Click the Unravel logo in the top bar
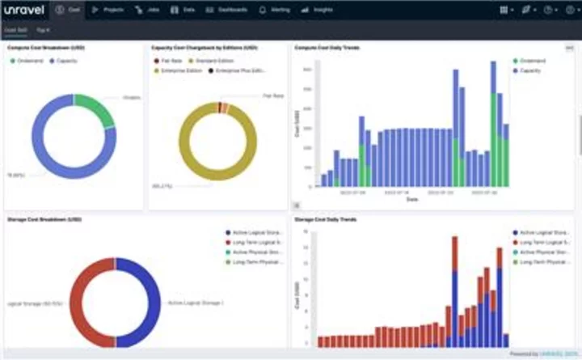24,10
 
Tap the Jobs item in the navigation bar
148,10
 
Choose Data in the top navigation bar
183,10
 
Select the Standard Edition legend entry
213,61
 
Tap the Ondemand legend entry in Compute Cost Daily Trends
533,61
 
